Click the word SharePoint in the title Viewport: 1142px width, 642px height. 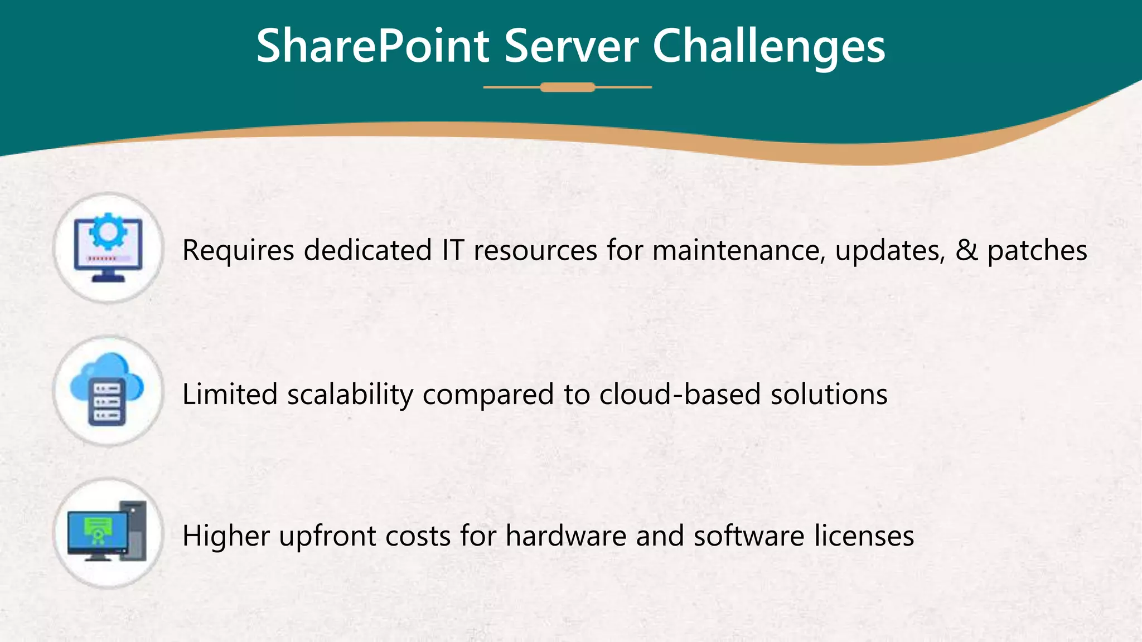372,47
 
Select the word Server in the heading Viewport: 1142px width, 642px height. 571,47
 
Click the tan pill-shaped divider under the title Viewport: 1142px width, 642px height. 568,87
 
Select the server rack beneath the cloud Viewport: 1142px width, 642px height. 107,402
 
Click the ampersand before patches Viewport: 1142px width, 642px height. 966,250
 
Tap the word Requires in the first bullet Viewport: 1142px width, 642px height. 238,250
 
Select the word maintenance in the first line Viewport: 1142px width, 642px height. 738,250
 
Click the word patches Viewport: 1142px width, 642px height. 1037,250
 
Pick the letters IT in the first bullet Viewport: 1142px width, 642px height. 453,250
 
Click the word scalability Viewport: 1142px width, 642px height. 350,395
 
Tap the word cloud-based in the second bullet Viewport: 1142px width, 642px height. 680,395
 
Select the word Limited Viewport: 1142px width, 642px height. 230,395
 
